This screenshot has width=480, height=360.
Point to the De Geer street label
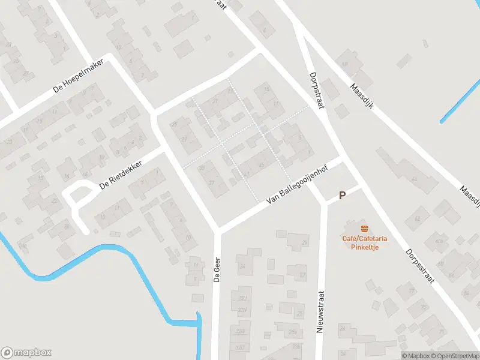(x=216, y=269)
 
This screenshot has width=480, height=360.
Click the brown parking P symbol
(x=343, y=195)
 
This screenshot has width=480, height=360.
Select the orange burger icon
(x=364, y=229)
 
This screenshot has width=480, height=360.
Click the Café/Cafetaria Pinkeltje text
(x=364, y=242)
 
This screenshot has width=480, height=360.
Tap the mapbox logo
(x=26, y=352)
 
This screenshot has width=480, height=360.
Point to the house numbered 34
(x=242, y=266)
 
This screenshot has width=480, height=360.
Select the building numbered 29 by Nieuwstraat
(x=304, y=242)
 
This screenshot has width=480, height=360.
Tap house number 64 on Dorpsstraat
(x=414, y=178)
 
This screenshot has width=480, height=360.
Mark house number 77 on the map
(x=412, y=292)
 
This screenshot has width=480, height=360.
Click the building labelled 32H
(x=242, y=310)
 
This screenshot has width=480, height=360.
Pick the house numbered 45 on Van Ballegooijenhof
(x=260, y=165)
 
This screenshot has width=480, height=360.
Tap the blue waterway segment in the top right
(x=461, y=102)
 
